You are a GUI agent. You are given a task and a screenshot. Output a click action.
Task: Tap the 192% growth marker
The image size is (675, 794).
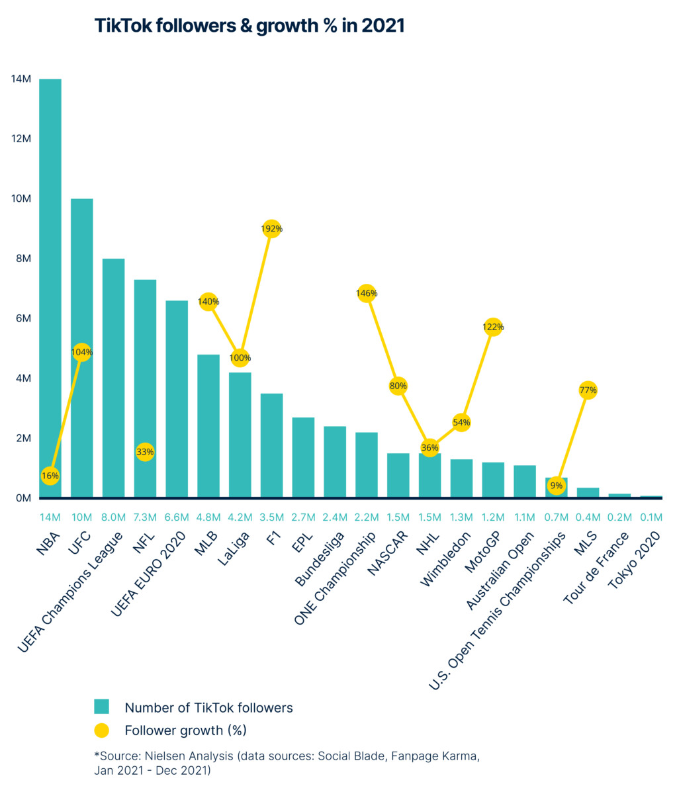click(271, 229)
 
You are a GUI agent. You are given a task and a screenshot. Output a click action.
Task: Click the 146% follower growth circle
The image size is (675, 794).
click(367, 293)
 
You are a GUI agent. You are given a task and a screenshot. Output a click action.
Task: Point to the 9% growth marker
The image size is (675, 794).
click(557, 486)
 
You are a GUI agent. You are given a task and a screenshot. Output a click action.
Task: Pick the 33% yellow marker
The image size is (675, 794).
click(145, 452)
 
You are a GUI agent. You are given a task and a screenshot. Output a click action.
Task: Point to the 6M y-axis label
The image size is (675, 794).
click(22, 318)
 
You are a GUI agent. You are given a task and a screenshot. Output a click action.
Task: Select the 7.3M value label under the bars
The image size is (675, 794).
click(145, 517)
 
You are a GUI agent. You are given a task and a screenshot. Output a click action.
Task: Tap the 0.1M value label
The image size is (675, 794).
click(651, 517)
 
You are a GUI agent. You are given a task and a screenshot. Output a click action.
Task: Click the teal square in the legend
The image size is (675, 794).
click(101, 707)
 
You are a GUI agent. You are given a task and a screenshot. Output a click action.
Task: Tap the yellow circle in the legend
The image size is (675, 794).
click(101, 730)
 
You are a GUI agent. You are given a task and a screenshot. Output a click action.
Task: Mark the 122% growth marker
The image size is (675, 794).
click(493, 327)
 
